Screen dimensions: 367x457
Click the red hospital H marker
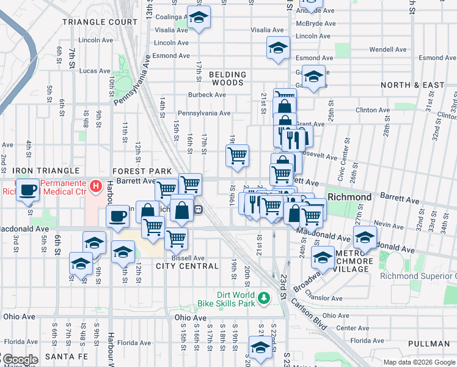point(95,185)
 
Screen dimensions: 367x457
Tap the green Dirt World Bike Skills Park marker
point(263,297)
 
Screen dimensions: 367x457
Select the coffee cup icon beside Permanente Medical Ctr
point(27,190)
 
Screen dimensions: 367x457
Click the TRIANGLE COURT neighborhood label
point(100,22)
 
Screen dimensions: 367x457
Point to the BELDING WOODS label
point(227,78)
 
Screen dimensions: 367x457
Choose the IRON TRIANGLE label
point(46,171)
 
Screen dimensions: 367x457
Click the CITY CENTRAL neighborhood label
point(187,266)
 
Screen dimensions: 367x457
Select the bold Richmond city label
point(349,198)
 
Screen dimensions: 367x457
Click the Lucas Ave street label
point(95,71)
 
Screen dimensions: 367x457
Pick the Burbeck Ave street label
point(207,95)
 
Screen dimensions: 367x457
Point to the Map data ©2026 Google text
point(419,362)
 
